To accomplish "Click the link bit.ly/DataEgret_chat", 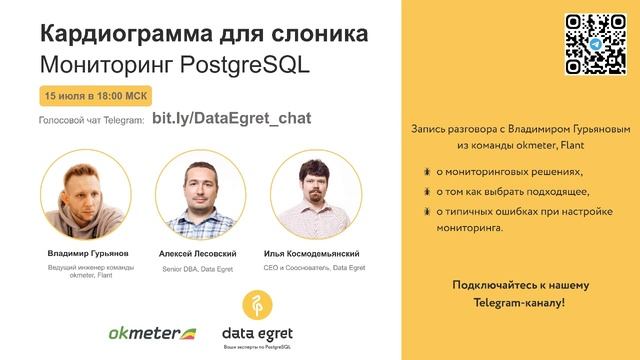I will [231, 119].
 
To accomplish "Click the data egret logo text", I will [257, 332].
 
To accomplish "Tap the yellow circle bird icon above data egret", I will [258, 304].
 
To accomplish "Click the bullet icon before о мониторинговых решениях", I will [427, 172].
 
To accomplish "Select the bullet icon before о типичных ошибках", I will [427, 211].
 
